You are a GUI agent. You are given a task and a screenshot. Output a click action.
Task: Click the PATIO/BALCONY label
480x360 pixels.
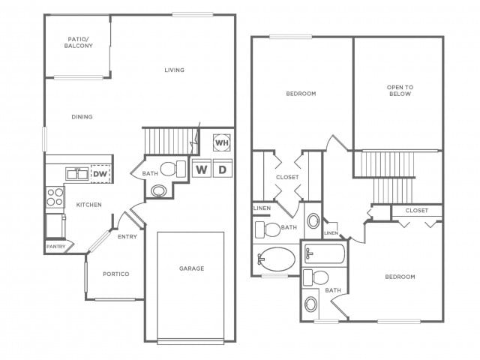click(79, 42)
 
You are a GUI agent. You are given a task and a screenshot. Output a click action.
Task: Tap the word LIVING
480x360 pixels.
click(175, 70)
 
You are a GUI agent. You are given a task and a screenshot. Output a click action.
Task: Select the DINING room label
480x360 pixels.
click(82, 116)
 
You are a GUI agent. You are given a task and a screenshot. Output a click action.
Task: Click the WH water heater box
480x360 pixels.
click(222, 142)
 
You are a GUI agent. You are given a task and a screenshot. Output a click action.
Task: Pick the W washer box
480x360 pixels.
click(202, 169)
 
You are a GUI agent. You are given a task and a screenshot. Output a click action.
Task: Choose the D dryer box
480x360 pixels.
click(223, 169)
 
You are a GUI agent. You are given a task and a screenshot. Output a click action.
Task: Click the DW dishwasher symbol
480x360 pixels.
click(100, 174)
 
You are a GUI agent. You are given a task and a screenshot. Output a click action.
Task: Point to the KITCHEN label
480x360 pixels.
click(88, 204)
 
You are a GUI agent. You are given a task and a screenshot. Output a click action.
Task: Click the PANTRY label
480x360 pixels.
click(55, 246)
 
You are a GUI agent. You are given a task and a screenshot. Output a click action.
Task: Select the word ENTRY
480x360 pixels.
click(127, 237)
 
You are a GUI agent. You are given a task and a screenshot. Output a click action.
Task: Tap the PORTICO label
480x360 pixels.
click(115, 274)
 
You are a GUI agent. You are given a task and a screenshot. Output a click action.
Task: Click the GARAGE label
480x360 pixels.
click(191, 268)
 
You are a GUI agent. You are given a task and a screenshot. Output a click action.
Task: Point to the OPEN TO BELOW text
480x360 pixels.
click(399, 90)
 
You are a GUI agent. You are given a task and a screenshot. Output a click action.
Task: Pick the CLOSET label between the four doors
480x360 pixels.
click(286, 178)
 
